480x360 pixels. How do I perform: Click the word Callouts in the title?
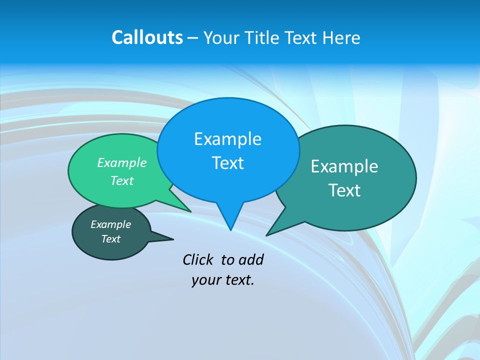(x=147, y=37)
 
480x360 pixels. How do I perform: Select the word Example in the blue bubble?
(x=227, y=139)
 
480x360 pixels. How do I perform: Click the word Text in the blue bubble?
(x=227, y=163)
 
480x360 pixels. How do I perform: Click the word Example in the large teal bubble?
(x=344, y=166)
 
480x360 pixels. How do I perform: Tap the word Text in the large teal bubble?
(x=344, y=190)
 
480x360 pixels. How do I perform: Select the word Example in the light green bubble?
(x=122, y=163)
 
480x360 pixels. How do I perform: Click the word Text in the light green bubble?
(x=122, y=181)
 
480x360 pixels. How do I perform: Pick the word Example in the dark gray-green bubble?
(x=110, y=224)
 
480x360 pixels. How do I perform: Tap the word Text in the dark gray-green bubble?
(x=110, y=239)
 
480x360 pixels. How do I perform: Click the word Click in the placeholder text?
(x=198, y=259)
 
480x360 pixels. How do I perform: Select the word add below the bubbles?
(x=251, y=259)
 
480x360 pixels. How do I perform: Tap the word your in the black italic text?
(x=205, y=280)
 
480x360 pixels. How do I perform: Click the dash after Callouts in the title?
(x=193, y=38)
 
